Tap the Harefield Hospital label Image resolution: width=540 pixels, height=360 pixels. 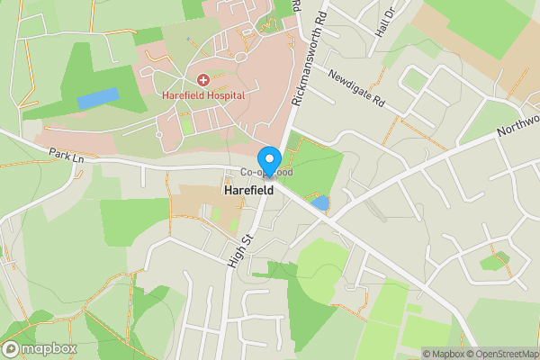[204, 94]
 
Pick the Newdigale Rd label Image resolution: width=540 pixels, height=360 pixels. [355, 87]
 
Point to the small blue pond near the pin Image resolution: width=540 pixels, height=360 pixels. [319, 202]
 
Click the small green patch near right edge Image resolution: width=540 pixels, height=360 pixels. [494, 262]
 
